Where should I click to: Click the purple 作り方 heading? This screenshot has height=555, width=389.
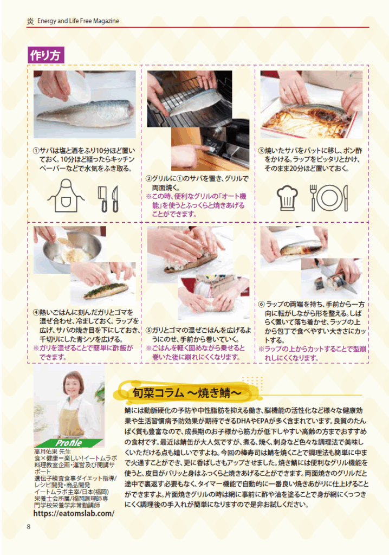tap(46, 55)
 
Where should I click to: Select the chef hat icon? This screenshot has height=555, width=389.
tap(287, 198)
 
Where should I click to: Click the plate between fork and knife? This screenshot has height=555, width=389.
tap(329, 198)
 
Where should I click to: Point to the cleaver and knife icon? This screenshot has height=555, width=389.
tap(108, 199)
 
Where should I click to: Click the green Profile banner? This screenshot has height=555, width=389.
tap(69, 443)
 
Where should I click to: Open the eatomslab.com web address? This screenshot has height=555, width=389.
tap(74, 513)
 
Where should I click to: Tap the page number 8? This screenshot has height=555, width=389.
tap(29, 527)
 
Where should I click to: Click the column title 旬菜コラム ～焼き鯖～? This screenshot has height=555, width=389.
tap(186, 393)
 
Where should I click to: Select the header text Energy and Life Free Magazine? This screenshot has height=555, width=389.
tap(78, 21)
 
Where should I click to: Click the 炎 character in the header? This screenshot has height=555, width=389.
tap(30, 21)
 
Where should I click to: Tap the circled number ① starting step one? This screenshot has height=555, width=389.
tap(36, 151)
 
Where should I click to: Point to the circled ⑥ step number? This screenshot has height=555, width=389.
tap(262, 305)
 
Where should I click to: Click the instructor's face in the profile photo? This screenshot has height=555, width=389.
tap(73, 386)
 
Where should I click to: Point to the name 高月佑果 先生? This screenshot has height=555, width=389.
tap(53, 451)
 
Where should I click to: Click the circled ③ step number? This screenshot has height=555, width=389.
tap(261, 151)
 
